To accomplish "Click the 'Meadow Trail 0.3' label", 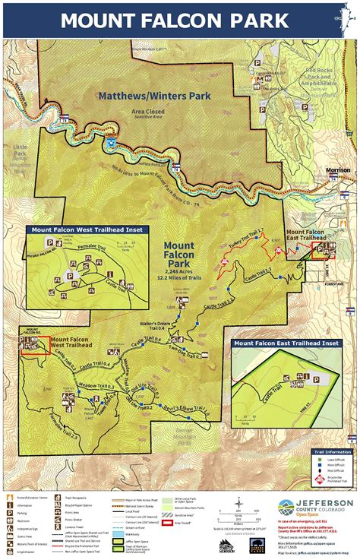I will [99, 387].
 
